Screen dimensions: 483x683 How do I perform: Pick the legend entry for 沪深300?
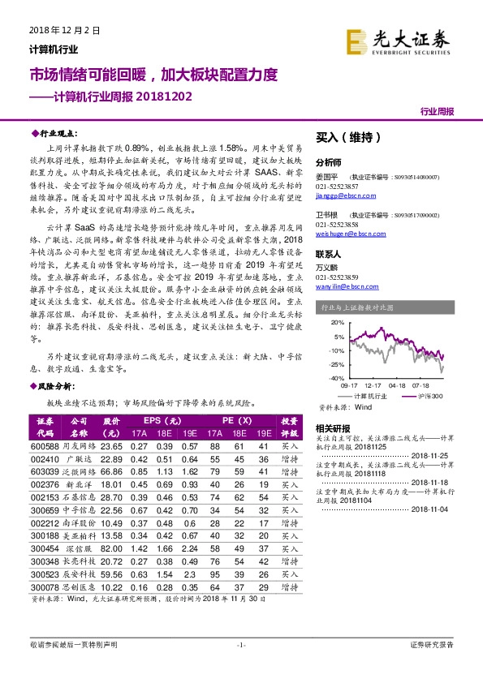click(x=429, y=395)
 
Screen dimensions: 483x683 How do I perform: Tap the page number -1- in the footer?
click(x=240, y=645)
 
